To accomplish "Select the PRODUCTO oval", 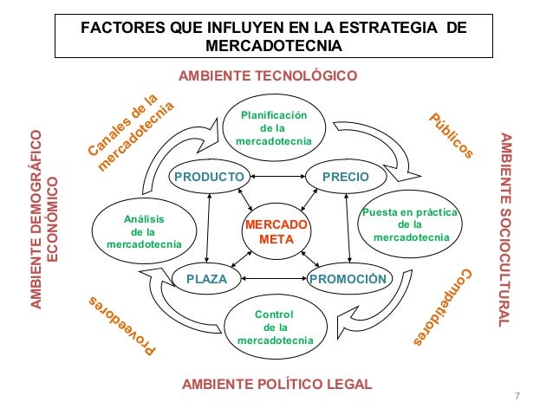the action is tap(208, 177).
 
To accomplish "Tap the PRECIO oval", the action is tap(346, 177).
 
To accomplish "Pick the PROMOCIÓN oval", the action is tap(347, 279).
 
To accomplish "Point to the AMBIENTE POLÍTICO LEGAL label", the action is tap(276, 383).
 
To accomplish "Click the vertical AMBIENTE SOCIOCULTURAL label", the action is tap(507, 230).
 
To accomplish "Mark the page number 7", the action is tap(517, 397).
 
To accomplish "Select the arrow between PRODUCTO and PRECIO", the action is tap(276, 177).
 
